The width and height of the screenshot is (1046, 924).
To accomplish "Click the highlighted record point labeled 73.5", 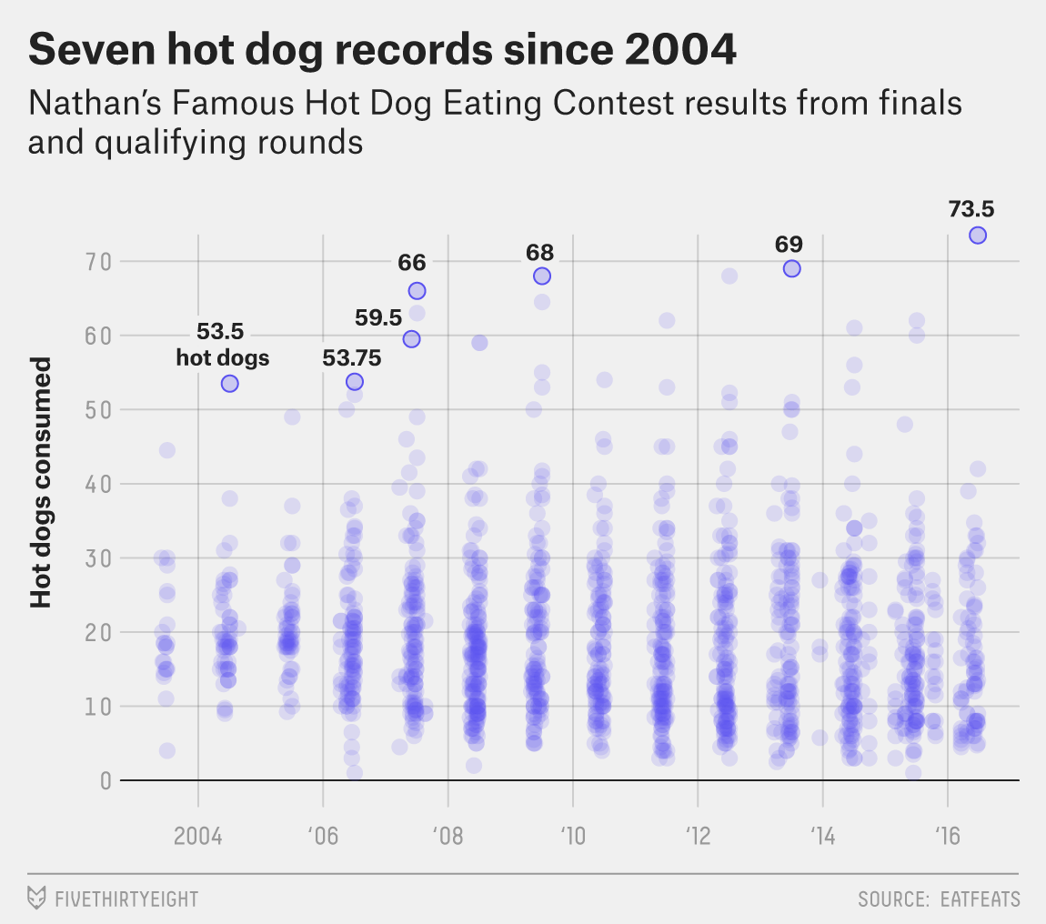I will [978, 236].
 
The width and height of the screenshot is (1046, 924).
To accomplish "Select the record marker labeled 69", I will [791, 268].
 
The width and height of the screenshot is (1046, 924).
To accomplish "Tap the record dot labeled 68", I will [542, 276].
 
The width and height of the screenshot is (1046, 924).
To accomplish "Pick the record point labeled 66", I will [417, 291].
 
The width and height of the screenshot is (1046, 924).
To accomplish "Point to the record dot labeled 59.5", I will [411, 339].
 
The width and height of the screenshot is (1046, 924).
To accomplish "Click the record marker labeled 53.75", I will [355, 382].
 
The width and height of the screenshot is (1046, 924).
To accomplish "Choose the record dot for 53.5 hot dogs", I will [229, 384].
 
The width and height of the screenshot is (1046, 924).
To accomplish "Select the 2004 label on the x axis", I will [198, 835].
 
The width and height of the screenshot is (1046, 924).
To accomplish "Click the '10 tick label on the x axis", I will [573, 835].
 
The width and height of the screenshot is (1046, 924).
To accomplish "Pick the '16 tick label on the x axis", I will [948, 835].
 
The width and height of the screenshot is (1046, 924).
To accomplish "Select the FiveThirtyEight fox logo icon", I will [37, 899].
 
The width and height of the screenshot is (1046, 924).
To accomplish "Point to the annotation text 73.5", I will [971, 209].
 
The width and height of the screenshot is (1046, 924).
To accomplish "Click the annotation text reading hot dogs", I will [223, 357].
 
